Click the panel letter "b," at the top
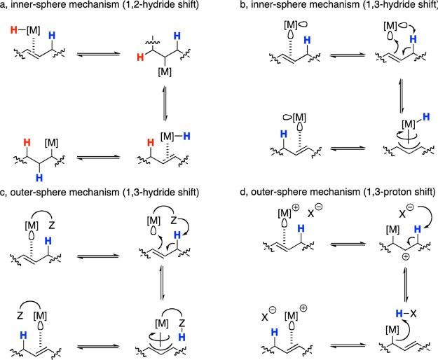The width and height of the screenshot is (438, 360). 235,8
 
